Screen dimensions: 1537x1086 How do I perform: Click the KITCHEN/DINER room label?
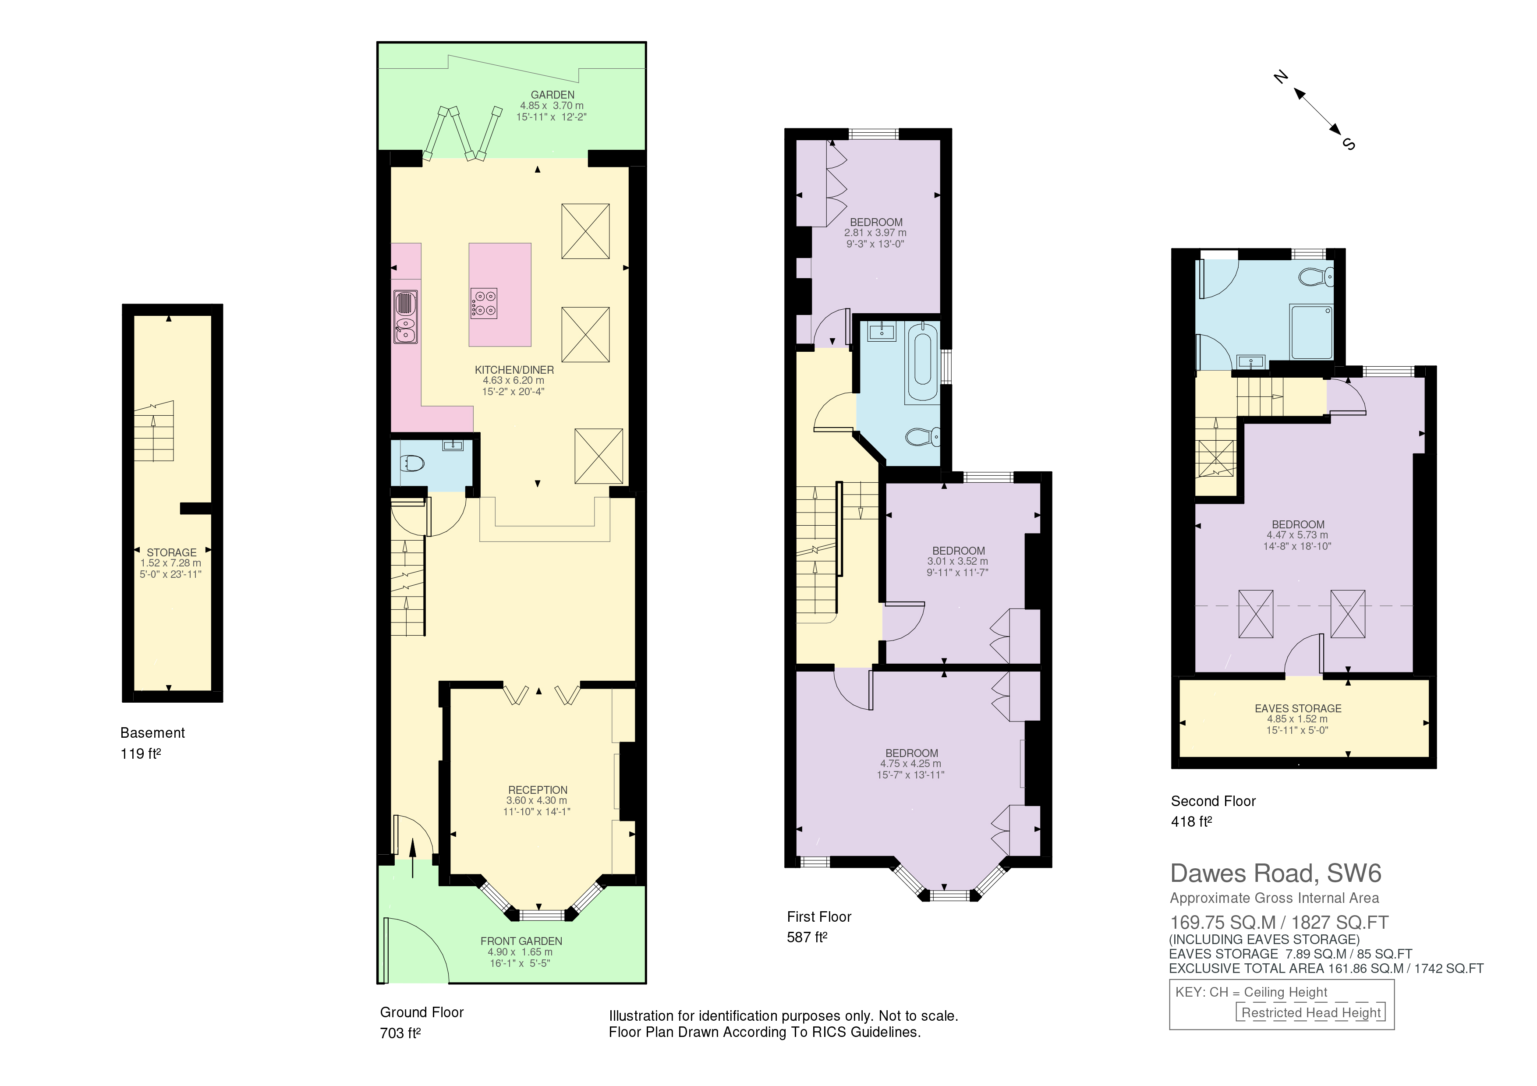[x=514, y=369]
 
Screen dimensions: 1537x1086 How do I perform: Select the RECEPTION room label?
[x=538, y=789]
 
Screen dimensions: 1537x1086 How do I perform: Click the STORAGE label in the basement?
[x=171, y=552]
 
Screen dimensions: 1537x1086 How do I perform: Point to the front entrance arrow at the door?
[x=412, y=858]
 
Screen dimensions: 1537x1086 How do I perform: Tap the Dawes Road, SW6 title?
[x=1275, y=873]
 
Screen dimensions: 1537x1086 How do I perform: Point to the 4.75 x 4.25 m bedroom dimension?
[x=910, y=764]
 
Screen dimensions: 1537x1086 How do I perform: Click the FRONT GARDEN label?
[x=521, y=941]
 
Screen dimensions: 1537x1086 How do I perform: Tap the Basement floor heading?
[x=152, y=733]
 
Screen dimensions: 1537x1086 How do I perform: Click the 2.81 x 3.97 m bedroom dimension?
[x=875, y=233]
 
